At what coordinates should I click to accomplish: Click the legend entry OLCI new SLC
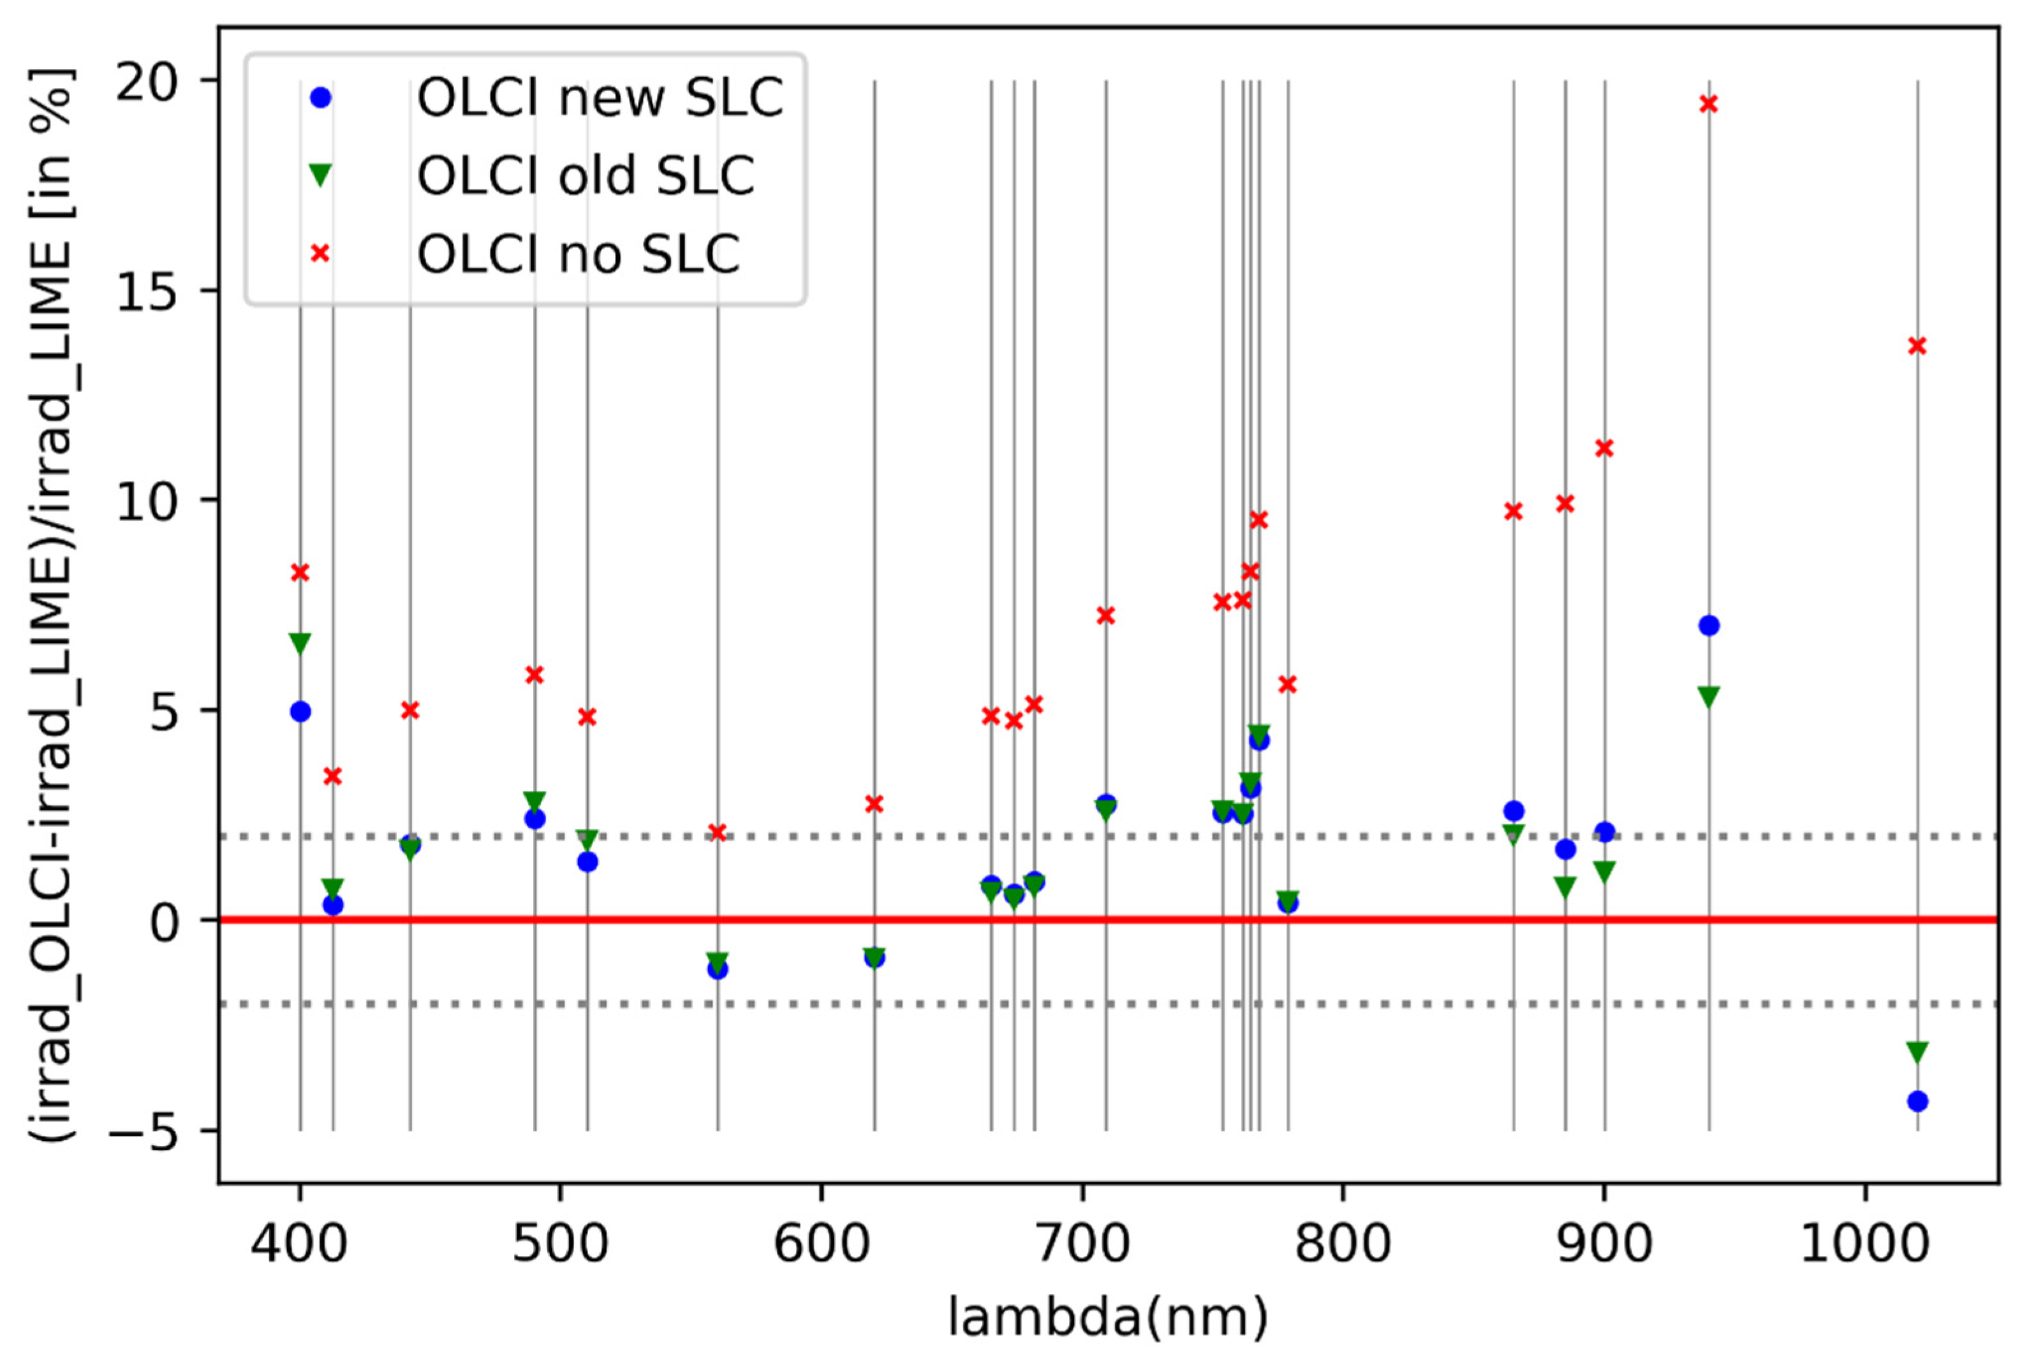(600, 98)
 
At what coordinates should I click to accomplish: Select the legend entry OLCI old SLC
(585, 177)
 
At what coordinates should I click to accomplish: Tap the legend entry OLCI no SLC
(578, 254)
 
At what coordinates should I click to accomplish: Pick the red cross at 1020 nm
(1917, 346)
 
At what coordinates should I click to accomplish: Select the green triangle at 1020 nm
(1917, 1052)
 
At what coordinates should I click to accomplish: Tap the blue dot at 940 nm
(1709, 626)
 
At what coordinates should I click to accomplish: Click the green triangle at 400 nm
(300, 644)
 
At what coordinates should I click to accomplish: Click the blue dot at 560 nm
(718, 968)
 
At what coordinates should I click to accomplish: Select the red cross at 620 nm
(874, 804)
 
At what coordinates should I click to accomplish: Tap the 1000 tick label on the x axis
(1865, 1245)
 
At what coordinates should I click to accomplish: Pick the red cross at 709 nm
(1105, 615)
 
